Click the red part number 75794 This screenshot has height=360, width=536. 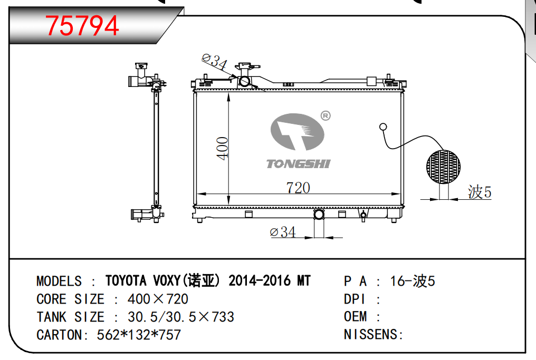(82, 25)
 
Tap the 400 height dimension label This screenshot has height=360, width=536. (223, 149)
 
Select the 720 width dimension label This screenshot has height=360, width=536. (298, 188)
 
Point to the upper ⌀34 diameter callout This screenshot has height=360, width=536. (214, 62)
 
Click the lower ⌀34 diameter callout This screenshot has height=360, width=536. (283, 232)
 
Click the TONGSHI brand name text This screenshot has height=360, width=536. (299, 164)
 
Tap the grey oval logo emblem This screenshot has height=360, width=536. (297, 132)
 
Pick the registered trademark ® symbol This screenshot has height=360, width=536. (326, 116)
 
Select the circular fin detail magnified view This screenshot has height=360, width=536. (443, 167)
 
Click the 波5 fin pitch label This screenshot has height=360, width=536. (480, 192)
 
